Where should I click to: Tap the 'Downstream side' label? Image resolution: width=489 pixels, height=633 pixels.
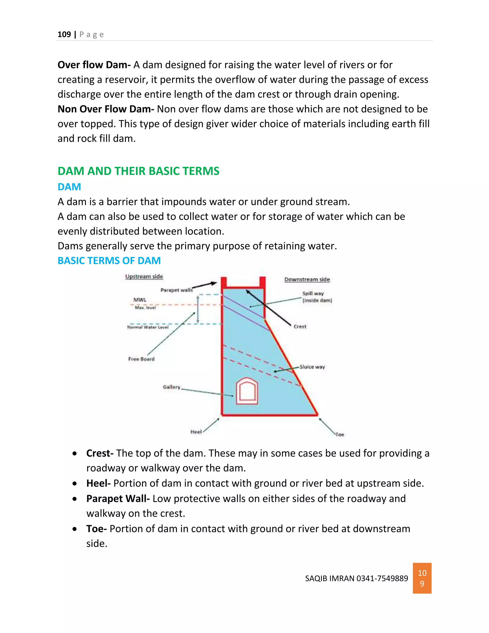pos(307,279)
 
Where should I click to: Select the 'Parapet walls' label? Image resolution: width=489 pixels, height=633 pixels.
pos(176,290)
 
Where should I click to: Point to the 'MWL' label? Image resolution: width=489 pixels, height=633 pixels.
pos(140,300)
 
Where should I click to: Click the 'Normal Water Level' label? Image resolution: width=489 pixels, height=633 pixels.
pos(148,327)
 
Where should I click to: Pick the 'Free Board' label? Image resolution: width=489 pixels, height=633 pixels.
pos(141,359)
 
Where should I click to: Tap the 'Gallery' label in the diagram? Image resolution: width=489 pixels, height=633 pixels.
pos(171,387)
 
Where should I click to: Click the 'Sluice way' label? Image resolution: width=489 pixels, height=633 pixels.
pos(312,367)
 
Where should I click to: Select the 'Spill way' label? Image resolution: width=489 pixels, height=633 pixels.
pos(313,294)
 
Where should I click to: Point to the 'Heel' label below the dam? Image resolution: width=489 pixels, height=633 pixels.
pos(196,432)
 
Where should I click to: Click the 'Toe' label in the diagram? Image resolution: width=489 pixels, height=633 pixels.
pos(340,435)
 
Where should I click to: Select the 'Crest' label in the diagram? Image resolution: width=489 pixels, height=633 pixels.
pos(300,327)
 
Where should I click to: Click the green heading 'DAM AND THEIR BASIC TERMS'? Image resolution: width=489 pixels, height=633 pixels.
pos(138,171)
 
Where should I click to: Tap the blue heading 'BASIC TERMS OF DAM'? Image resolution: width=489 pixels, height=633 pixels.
pos(109,261)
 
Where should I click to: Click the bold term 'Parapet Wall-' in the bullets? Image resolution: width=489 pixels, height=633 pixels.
pos(118,499)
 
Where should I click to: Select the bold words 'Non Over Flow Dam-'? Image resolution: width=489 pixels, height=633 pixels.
pos(106,109)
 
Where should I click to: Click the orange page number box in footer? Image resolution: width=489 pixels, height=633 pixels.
pos(422,578)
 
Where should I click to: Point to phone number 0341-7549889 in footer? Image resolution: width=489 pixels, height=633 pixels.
pos(382,579)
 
